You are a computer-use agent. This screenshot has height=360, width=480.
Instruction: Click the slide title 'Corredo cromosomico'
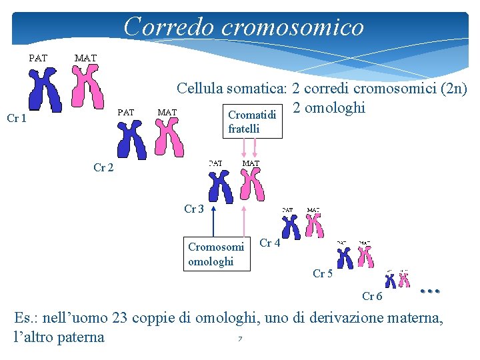coord(244,27)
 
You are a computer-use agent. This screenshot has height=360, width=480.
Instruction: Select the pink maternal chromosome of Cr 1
coord(88,87)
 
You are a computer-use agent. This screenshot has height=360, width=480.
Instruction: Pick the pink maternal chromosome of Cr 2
coord(169,139)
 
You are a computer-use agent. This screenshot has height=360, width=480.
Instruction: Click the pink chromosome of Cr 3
coord(251,185)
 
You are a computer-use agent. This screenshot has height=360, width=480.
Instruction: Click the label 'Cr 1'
coord(17,119)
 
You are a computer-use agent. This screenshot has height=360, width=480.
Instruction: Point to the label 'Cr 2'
coord(103,168)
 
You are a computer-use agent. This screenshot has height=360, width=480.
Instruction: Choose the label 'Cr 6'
coord(372,296)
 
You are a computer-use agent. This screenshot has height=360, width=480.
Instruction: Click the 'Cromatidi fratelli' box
coord(253,121)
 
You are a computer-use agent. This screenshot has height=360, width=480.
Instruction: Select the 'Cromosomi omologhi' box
coord(216,254)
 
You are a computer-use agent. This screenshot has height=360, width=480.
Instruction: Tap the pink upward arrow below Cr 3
coord(245,220)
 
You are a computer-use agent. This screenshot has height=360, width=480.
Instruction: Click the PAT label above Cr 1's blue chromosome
coord(37,58)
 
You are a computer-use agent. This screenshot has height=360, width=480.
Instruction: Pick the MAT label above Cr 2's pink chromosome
coord(167,112)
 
